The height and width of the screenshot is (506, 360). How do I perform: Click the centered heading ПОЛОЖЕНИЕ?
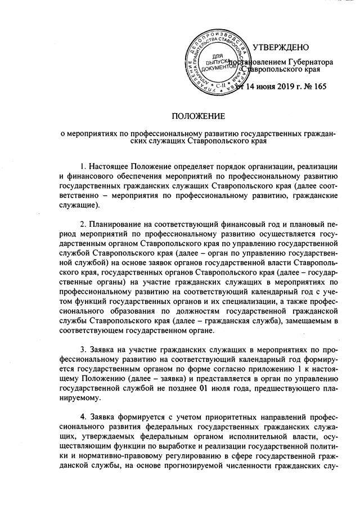(x=197, y=116)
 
